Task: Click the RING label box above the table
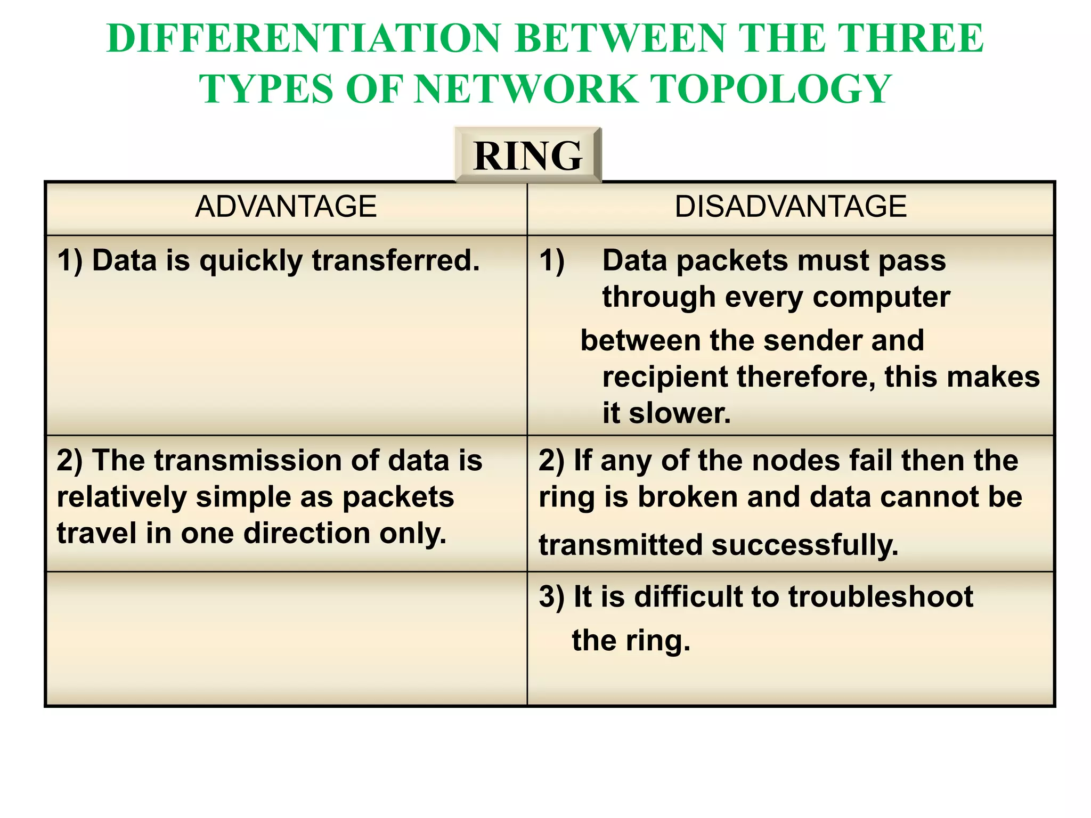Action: coord(527,155)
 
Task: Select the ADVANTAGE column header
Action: coord(286,207)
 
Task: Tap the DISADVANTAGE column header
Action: coord(791,207)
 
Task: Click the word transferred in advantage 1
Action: coord(396,261)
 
